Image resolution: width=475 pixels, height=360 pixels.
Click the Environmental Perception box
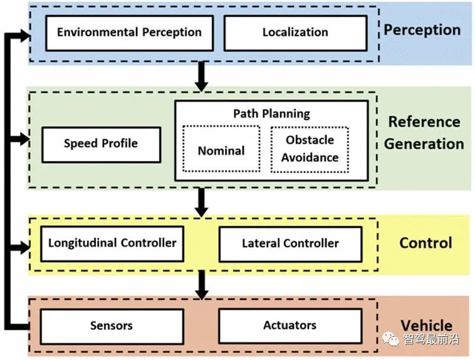(129, 33)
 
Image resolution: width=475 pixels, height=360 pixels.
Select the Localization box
(295, 33)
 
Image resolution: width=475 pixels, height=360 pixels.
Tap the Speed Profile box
(101, 144)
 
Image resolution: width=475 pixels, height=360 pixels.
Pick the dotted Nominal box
(221, 151)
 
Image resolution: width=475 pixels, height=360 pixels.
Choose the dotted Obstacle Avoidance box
(309, 149)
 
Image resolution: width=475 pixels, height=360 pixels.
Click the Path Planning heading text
(271, 114)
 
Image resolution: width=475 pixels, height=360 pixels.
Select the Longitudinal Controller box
(112, 243)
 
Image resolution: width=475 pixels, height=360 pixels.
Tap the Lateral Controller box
(290, 243)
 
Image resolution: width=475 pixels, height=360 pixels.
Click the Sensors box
(111, 326)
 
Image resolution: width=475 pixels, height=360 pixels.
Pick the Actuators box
(290, 326)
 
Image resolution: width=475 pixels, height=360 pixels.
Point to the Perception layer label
(422, 30)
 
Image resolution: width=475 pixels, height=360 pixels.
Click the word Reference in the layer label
(424, 122)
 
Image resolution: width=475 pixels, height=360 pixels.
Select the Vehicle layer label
(426, 326)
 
